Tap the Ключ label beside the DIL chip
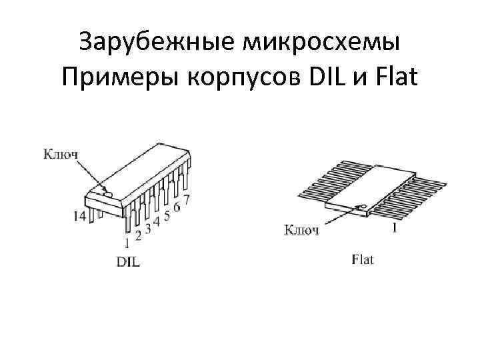pos(61,154)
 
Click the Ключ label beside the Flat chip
pos(302,231)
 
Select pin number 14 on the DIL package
pos(79,216)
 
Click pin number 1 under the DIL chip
pos(127,242)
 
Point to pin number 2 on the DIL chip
pos(138,235)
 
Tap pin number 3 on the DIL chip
pos(148,228)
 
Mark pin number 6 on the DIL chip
pos(177,207)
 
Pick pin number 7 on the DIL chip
pos(187,199)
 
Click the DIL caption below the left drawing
pos(128,261)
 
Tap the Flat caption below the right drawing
pos(363,259)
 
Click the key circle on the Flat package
pos(364,206)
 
